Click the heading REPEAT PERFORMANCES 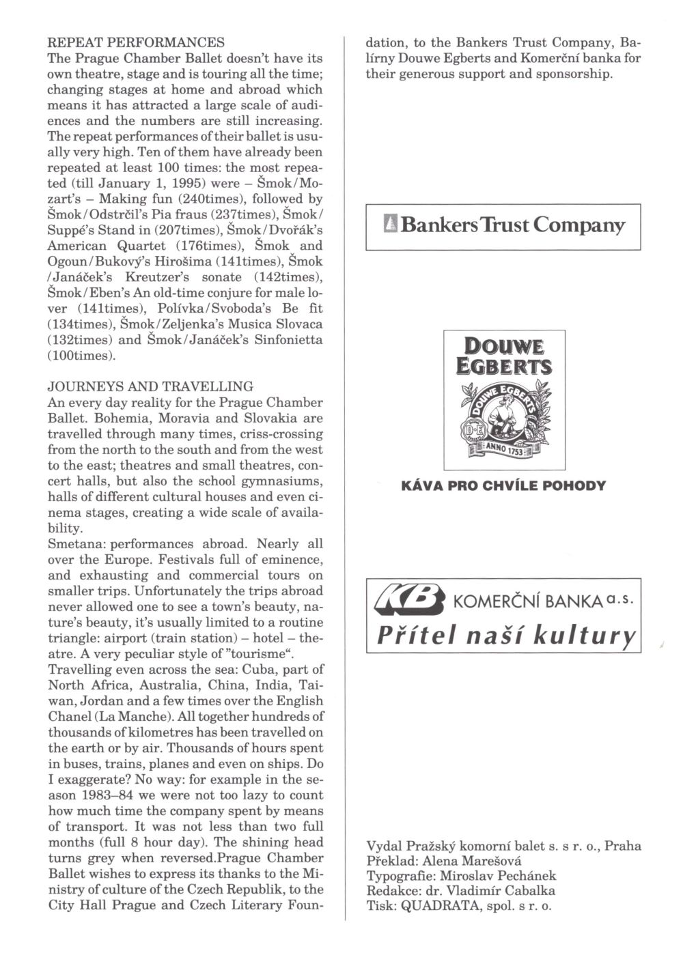[136, 42]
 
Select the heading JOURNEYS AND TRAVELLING [150, 387]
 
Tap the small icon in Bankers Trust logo [391, 225]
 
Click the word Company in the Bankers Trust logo [579, 225]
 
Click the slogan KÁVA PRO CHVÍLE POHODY [503, 486]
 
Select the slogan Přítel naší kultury [506, 636]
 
